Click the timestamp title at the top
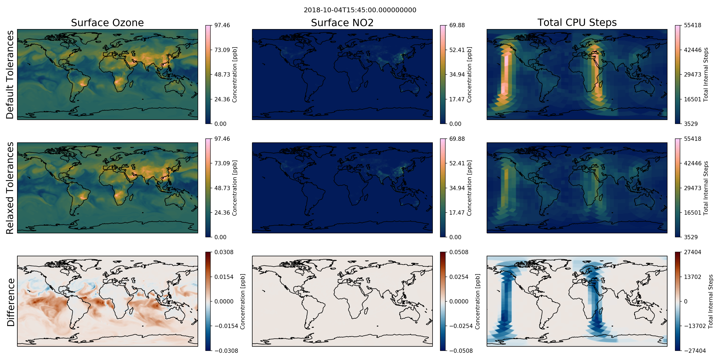tap(360, 10)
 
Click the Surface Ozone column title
tap(107, 23)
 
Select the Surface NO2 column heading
tap(342, 23)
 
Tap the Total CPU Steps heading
tap(577, 22)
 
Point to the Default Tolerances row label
tap(10, 75)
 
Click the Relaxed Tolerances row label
tap(10, 188)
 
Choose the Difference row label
tap(11, 302)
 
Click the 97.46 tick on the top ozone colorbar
tap(222, 25)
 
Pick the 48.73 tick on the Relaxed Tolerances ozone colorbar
tap(222, 188)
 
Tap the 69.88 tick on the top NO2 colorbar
tap(457, 25)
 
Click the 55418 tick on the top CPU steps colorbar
tap(693, 25)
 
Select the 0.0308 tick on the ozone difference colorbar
tap(224, 252)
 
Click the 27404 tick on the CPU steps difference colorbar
tap(693, 252)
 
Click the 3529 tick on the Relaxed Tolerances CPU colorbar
tap(691, 237)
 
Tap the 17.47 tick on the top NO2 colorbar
tap(457, 99)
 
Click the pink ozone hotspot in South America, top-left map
tap(82, 83)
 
